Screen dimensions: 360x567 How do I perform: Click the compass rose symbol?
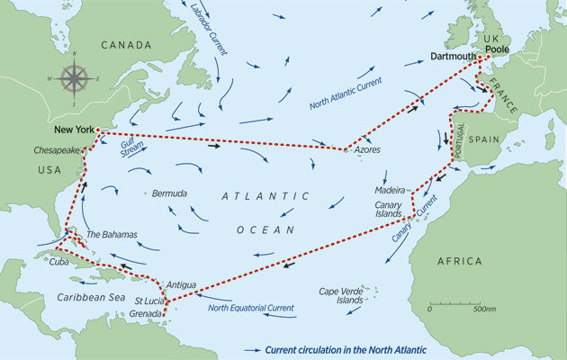[x=74, y=78]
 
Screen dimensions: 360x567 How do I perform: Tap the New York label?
[x=74, y=130]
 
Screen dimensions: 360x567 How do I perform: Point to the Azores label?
[x=368, y=151]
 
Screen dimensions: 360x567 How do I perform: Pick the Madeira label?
[x=392, y=191]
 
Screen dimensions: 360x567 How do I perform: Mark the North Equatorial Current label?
[x=250, y=308]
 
